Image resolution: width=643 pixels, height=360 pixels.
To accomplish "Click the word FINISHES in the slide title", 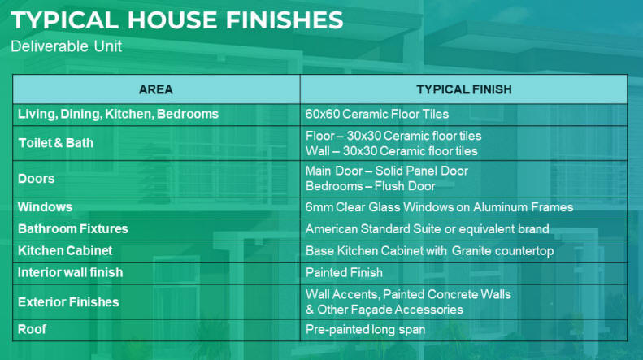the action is coord(285,20).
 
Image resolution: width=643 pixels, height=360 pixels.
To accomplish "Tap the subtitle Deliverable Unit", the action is coord(66,46).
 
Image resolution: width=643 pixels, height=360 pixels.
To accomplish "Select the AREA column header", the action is coord(156,89).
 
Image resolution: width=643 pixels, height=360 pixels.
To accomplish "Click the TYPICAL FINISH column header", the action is coord(464,89).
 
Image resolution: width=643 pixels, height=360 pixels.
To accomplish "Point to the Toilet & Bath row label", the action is coord(56,143).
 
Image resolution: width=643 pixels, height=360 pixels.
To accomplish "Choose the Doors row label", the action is coord(36,179).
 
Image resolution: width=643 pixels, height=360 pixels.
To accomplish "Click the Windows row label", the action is coord(45,207).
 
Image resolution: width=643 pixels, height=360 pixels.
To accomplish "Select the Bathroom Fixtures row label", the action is coord(73,229).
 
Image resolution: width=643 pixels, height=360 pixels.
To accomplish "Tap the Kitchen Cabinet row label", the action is coord(65,250).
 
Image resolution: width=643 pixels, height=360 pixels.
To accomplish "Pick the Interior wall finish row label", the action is coord(71,272).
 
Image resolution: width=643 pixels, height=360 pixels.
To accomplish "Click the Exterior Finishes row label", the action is coord(68,302).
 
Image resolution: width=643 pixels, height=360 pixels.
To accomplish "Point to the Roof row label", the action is coord(32,329).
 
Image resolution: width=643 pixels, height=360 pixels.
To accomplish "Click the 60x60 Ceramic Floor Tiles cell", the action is coord(377,114).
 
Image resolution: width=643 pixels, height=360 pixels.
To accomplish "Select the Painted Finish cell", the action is coord(344,273).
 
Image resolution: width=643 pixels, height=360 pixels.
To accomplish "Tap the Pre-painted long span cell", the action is coord(365,330).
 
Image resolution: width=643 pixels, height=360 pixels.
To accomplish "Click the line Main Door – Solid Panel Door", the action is coord(387,171).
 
